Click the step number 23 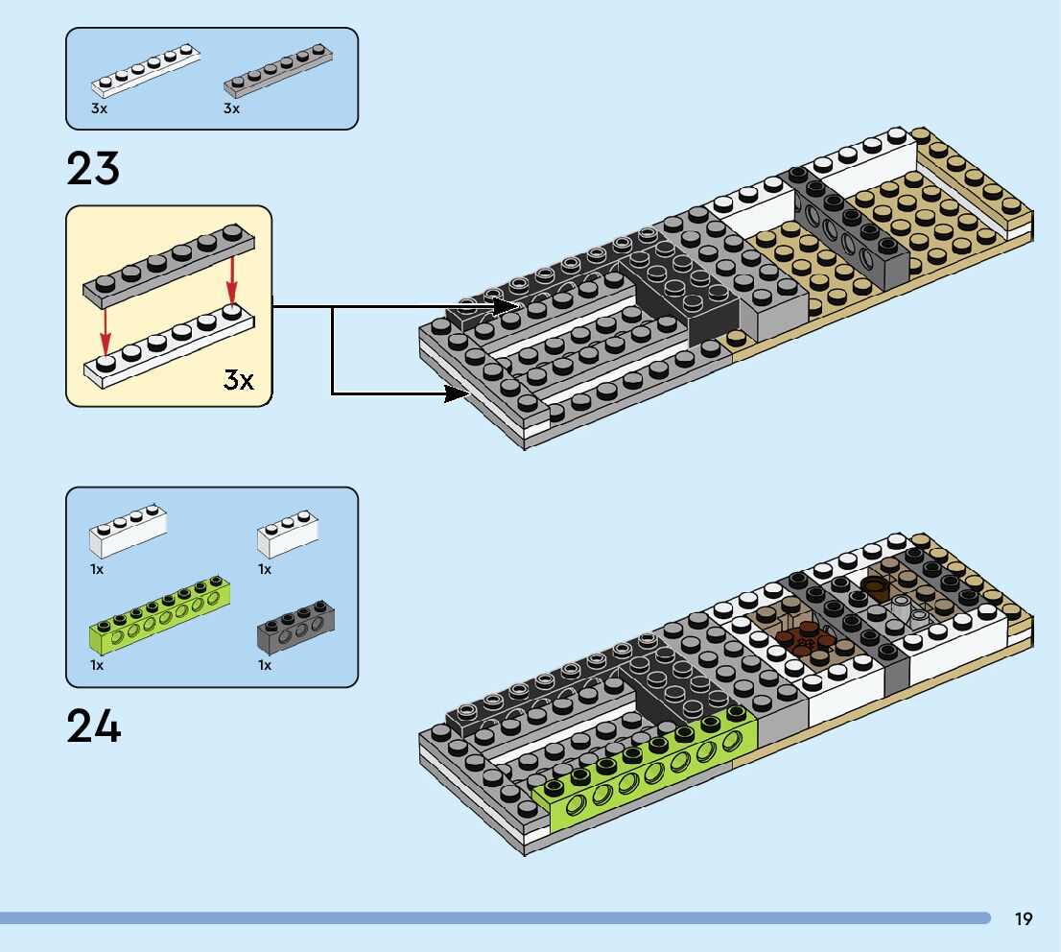(93, 169)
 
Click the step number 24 (93, 726)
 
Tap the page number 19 (1023, 919)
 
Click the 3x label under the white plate (99, 109)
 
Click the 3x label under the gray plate (231, 109)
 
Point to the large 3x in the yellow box (238, 380)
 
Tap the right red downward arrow (231, 278)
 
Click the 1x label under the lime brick (97, 664)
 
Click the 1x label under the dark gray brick (264, 664)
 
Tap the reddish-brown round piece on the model (804, 640)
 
